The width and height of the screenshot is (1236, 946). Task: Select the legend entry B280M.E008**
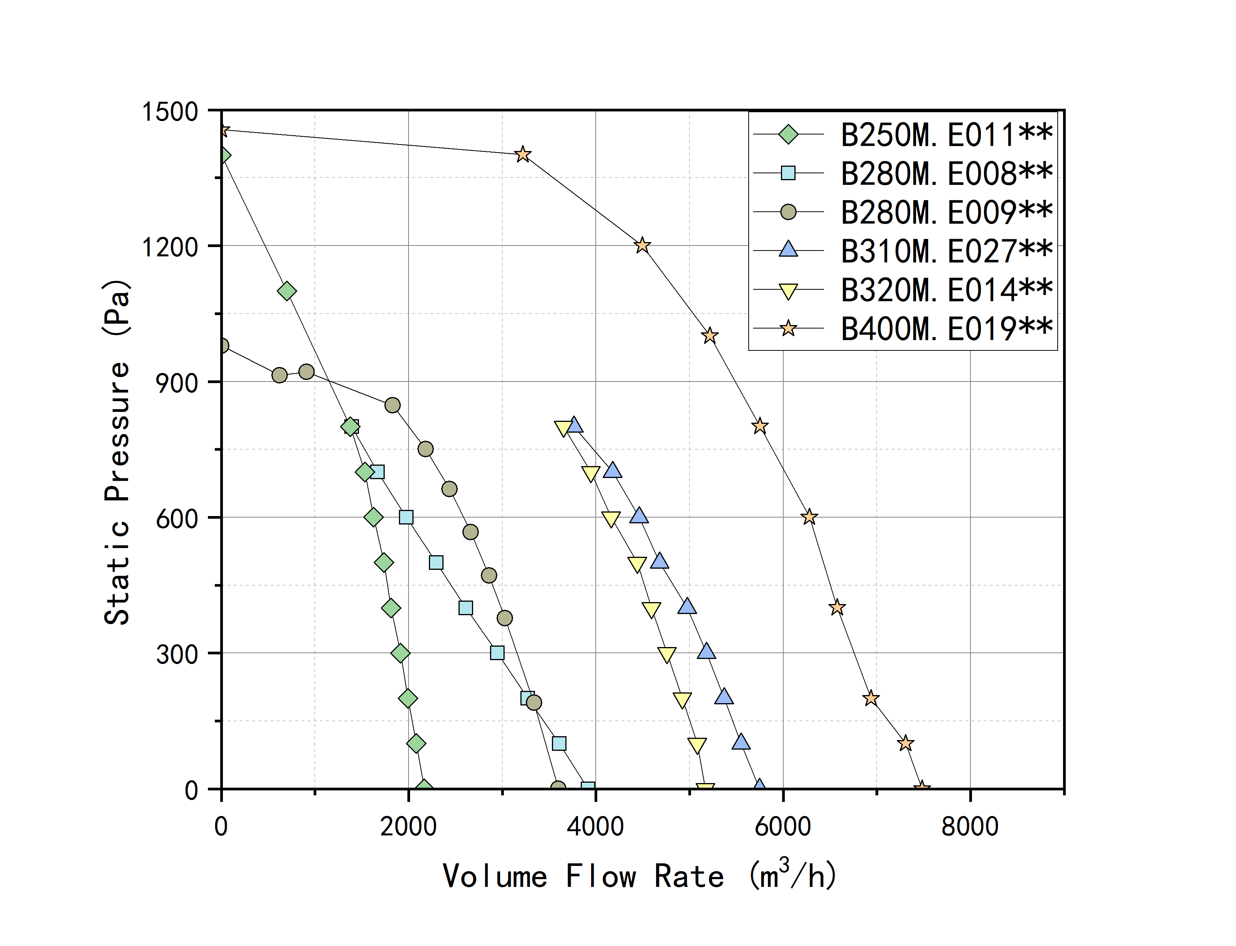(x=946, y=173)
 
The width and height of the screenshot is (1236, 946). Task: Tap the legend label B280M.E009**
(x=946, y=212)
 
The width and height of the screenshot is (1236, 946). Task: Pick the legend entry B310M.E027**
(x=946, y=251)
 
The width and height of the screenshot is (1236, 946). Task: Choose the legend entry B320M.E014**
(x=946, y=290)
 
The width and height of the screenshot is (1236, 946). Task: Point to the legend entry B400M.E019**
(x=946, y=329)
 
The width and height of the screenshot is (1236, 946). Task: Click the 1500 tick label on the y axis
(x=169, y=111)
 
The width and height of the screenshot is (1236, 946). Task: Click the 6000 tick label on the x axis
(x=783, y=827)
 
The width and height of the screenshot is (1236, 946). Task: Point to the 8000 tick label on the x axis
(x=970, y=827)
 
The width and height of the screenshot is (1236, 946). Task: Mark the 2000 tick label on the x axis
(x=408, y=827)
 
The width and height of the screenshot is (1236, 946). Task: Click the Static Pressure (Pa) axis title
(x=117, y=450)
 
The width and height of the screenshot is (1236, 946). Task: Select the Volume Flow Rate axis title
(x=640, y=876)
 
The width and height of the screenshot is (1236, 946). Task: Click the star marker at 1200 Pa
(x=642, y=246)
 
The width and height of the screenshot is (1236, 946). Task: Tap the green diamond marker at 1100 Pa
(x=287, y=291)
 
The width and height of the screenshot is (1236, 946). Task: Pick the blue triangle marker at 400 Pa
(x=686, y=606)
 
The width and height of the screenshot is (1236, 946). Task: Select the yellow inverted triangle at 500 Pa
(x=637, y=564)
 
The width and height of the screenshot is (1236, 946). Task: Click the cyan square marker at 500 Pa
(x=436, y=563)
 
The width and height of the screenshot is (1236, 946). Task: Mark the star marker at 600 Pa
(x=809, y=517)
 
